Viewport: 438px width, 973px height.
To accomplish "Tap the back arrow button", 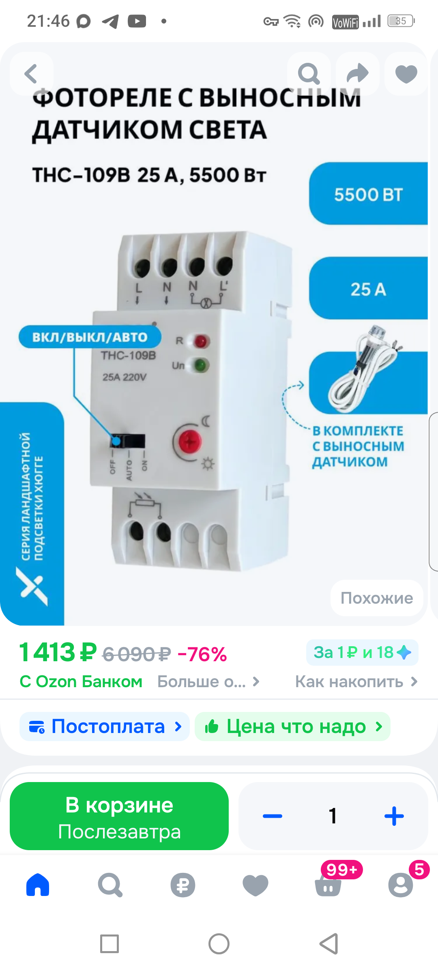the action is click(31, 74).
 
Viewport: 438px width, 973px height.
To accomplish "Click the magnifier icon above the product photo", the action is click(309, 74).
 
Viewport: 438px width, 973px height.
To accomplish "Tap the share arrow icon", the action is click(358, 74).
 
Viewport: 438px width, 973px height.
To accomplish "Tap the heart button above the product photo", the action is click(406, 74).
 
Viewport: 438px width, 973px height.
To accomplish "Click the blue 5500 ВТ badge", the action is click(368, 194).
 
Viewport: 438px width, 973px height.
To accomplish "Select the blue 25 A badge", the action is click(368, 289).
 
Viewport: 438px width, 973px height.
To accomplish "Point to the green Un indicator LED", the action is click(200, 365).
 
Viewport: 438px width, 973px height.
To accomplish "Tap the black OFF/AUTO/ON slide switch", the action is click(127, 441).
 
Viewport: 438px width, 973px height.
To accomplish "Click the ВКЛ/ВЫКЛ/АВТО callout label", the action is click(90, 337).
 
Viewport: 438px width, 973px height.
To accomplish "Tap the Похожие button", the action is click(377, 598).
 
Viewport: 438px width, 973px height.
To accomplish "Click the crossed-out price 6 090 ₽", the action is click(136, 654).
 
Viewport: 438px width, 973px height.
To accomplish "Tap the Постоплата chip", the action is click(104, 727).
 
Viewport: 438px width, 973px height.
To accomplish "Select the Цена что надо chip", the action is click(292, 727).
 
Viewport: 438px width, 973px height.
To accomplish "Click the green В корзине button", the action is click(119, 816).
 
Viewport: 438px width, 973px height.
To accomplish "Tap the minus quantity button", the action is click(273, 816).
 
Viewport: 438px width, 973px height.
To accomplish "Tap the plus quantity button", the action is click(394, 816).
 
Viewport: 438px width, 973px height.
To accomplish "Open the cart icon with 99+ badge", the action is click(328, 884).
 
